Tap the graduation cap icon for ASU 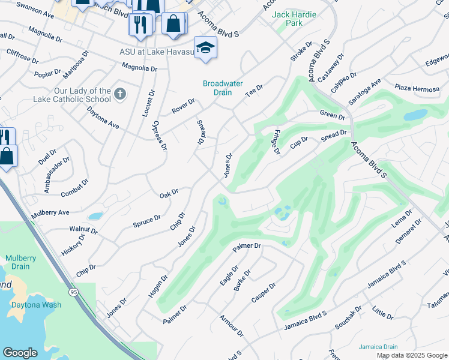[x=205, y=47]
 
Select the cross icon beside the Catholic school [x=120, y=93]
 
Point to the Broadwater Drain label [x=223, y=88]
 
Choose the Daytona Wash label [x=35, y=305]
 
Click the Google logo [x=20, y=353]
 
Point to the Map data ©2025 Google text [x=411, y=355]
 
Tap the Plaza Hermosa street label [x=417, y=89]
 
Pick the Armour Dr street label [x=232, y=325]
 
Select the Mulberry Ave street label [x=50, y=212]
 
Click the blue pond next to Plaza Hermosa [x=415, y=114]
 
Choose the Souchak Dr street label [x=349, y=319]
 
